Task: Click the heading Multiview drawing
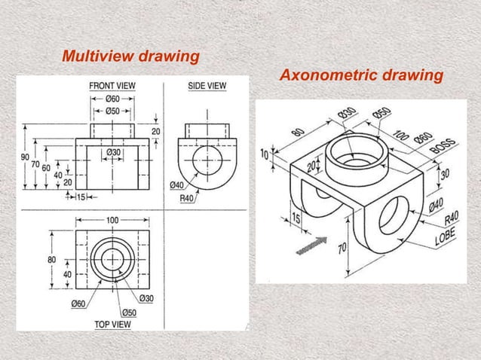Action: coord(130,56)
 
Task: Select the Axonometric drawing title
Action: coord(360,76)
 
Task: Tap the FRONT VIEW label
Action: coord(112,87)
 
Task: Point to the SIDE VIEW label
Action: coord(207,87)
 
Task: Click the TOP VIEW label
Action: coord(113,325)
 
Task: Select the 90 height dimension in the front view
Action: coord(24,157)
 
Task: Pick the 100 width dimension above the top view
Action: coord(112,219)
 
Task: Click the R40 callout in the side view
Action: coord(188,198)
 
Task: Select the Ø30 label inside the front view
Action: coord(113,152)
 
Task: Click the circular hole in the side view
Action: coord(207,161)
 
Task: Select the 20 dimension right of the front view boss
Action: coord(157,131)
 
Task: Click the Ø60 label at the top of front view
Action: coord(112,99)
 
